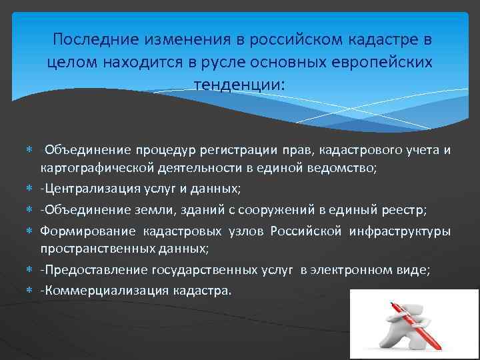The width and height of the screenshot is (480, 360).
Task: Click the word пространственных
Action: tap(87, 248)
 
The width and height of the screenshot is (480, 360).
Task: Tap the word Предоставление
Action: tap(92, 269)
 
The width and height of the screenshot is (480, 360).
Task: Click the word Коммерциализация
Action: tap(101, 291)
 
